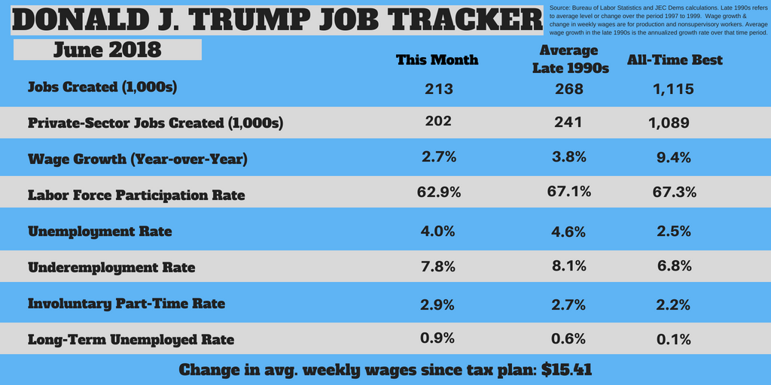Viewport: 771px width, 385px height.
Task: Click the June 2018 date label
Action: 107,50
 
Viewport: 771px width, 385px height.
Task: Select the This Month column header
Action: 437,59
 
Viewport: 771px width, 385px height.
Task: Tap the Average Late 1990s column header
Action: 570,59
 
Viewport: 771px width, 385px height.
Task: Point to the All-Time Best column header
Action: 675,59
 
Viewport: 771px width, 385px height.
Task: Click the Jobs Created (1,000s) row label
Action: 102,87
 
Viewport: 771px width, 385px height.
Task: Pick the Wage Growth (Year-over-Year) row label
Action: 136,159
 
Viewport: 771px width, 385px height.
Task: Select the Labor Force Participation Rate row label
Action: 136,196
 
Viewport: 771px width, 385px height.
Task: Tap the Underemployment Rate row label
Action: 111,268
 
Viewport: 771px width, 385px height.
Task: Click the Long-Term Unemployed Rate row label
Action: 130,340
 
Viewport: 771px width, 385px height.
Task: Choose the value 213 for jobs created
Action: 438,89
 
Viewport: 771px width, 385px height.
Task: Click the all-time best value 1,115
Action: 673,89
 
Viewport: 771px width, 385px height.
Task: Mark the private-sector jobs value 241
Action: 568,123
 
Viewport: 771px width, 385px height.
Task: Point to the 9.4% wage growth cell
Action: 673,159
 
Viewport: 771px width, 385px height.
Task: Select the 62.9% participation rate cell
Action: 438,192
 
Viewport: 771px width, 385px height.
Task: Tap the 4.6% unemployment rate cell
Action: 568,232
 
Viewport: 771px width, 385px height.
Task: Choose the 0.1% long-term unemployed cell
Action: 673,339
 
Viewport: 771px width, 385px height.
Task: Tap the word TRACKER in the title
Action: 466,20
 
